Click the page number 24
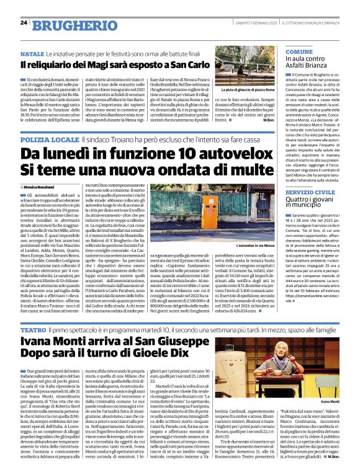tap(24, 23)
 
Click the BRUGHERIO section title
tap(67, 24)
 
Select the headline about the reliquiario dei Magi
tap(115, 65)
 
